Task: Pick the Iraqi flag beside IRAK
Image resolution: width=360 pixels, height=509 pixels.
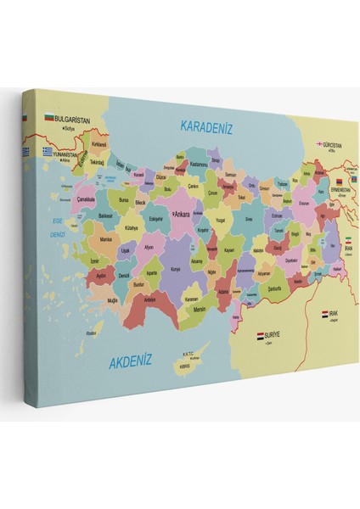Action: point(325,314)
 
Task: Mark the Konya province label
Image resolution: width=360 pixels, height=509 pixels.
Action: point(175,269)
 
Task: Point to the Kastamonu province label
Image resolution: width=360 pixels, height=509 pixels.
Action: point(199,163)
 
